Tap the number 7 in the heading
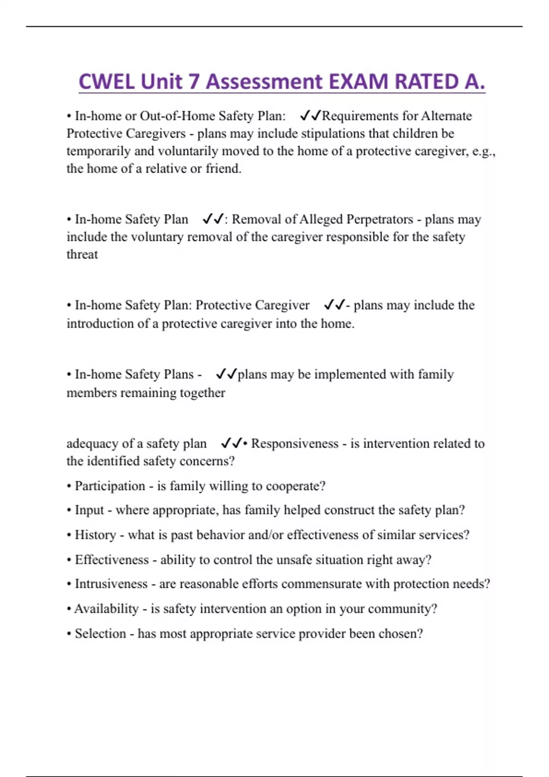pyautogui.click(x=194, y=82)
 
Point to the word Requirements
pyautogui.click(x=354, y=116)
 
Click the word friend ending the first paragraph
pyautogui.click(x=223, y=169)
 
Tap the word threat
pyautogui.click(x=82, y=255)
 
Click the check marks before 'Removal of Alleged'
pyautogui.click(x=213, y=219)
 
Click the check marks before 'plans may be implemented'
pyautogui.click(x=226, y=374)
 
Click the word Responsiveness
pyautogui.click(x=295, y=444)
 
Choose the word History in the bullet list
pyautogui.click(x=95, y=535)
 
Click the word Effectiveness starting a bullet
pyautogui.click(x=112, y=560)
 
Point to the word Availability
pyautogui.click(x=106, y=609)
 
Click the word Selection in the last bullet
pyautogui.click(x=100, y=634)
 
